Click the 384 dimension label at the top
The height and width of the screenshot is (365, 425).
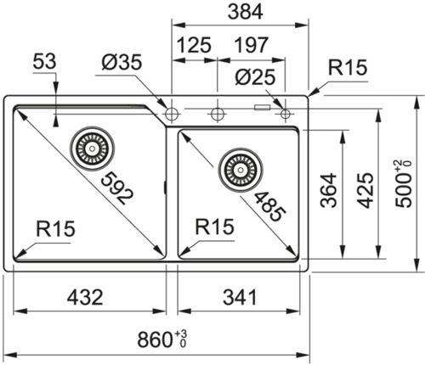click(x=246, y=12)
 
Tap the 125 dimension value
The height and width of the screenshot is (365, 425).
click(x=194, y=45)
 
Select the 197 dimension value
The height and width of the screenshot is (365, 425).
click(x=251, y=45)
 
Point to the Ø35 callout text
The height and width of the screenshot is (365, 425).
click(x=122, y=62)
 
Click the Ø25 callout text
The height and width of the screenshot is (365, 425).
click(x=255, y=77)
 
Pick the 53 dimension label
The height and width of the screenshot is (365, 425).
click(x=44, y=61)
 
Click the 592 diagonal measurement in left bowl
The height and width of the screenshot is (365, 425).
click(x=116, y=188)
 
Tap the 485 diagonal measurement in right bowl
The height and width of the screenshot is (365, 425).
click(x=270, y=206)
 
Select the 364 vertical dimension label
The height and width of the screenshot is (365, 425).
click(x=329, y=190)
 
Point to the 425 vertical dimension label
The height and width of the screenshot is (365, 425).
click(x=365, y=190)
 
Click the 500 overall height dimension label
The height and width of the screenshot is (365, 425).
click(x=404, y=184)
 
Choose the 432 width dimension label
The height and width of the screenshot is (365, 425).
click(x=85, y=297)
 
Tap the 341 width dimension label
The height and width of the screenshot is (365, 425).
click(x=240, y=297)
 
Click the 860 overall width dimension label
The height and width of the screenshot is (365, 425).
click(x=162, y=340)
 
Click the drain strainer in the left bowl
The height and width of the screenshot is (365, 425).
click(x=93, y=149)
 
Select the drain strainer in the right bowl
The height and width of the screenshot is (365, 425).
click(x=241, y=170)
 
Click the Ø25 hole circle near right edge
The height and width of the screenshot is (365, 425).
click(x=285, y=114)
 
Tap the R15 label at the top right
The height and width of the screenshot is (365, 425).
click(x=348, y=67)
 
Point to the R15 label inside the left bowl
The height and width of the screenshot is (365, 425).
click(x=56, y=228)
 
